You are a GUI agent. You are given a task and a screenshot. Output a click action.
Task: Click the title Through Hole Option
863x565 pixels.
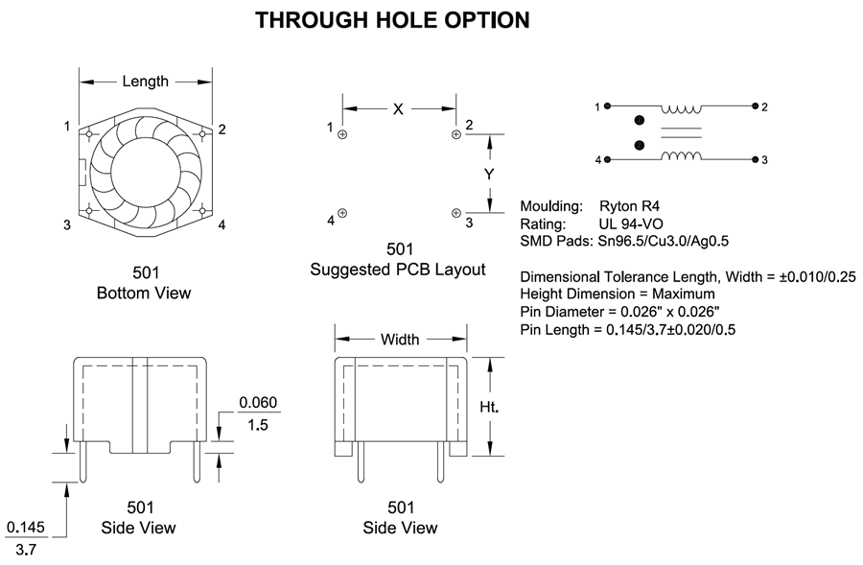tap(392, 20)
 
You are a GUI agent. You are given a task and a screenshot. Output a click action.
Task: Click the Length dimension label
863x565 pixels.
tap(146, 82)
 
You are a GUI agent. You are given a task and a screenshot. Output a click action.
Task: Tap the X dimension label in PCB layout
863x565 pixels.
tap(398, 109)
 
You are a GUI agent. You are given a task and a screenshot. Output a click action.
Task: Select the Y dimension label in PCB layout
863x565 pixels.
tap(489, 174)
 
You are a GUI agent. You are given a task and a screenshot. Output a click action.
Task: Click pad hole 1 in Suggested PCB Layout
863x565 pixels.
tap(342, 134)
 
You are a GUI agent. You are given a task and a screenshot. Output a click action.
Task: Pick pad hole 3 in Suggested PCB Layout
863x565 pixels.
tap(455, 213)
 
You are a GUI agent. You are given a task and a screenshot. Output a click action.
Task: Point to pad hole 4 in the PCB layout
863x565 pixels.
tap(342, 213)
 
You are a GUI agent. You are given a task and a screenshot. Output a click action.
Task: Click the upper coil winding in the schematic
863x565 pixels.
tap(682, 109)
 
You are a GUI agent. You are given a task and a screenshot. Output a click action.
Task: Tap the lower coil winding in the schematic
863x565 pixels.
tap(682, 155)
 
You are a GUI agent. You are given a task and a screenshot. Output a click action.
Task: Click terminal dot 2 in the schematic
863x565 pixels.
tap(755, 106)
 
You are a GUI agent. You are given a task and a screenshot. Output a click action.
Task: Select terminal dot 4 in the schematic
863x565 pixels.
tap(607, 159)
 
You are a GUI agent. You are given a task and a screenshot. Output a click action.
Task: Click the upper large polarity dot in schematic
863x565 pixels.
tap(639, 120)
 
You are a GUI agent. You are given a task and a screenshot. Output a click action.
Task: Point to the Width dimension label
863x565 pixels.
tap(400, 340)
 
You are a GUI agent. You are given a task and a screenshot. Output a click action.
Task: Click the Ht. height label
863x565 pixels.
tap(489, 407)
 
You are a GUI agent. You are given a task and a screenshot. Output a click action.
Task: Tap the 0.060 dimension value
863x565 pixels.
tap(258, 403)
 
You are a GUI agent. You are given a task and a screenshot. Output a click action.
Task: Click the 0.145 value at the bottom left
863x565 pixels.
tap(25, 528)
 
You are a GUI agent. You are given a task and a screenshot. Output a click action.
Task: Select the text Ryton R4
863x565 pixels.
tap(629, 206)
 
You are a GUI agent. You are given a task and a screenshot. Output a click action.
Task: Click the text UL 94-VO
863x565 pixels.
tap(631, 224)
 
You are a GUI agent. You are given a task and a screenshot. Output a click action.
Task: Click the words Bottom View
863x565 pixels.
tap(144, 293)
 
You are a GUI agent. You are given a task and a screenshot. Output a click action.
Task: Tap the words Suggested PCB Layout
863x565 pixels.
tap(398, 270)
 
